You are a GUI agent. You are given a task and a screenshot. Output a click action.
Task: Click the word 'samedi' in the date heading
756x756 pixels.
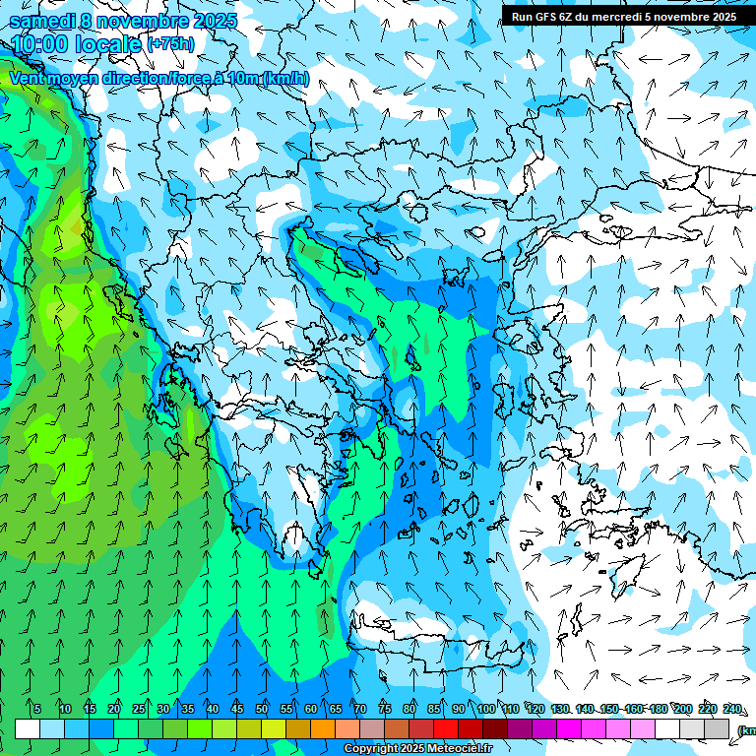39,21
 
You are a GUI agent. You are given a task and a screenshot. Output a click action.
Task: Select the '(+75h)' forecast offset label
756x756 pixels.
170,44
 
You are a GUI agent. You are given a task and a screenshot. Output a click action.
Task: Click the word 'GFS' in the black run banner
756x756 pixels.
547,17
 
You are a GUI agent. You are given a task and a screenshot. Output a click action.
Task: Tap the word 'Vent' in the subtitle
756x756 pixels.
27,79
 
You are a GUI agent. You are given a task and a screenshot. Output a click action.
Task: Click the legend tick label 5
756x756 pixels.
37,709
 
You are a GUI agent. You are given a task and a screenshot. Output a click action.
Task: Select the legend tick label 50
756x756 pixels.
261,709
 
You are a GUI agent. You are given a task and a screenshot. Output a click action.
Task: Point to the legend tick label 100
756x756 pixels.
485,709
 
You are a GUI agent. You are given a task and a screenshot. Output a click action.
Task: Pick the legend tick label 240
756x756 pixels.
731,709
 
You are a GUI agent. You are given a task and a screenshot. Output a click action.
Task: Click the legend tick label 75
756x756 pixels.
384,709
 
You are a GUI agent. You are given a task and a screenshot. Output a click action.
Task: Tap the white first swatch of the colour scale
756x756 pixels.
27,728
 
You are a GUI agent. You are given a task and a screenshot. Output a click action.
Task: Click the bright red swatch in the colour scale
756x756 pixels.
446,728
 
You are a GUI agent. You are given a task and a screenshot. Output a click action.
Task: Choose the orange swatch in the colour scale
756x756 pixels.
323,728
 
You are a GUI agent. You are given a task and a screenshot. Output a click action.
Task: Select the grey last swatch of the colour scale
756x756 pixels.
717,728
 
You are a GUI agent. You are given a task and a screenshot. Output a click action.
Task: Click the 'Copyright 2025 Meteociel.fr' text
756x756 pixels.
417,749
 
